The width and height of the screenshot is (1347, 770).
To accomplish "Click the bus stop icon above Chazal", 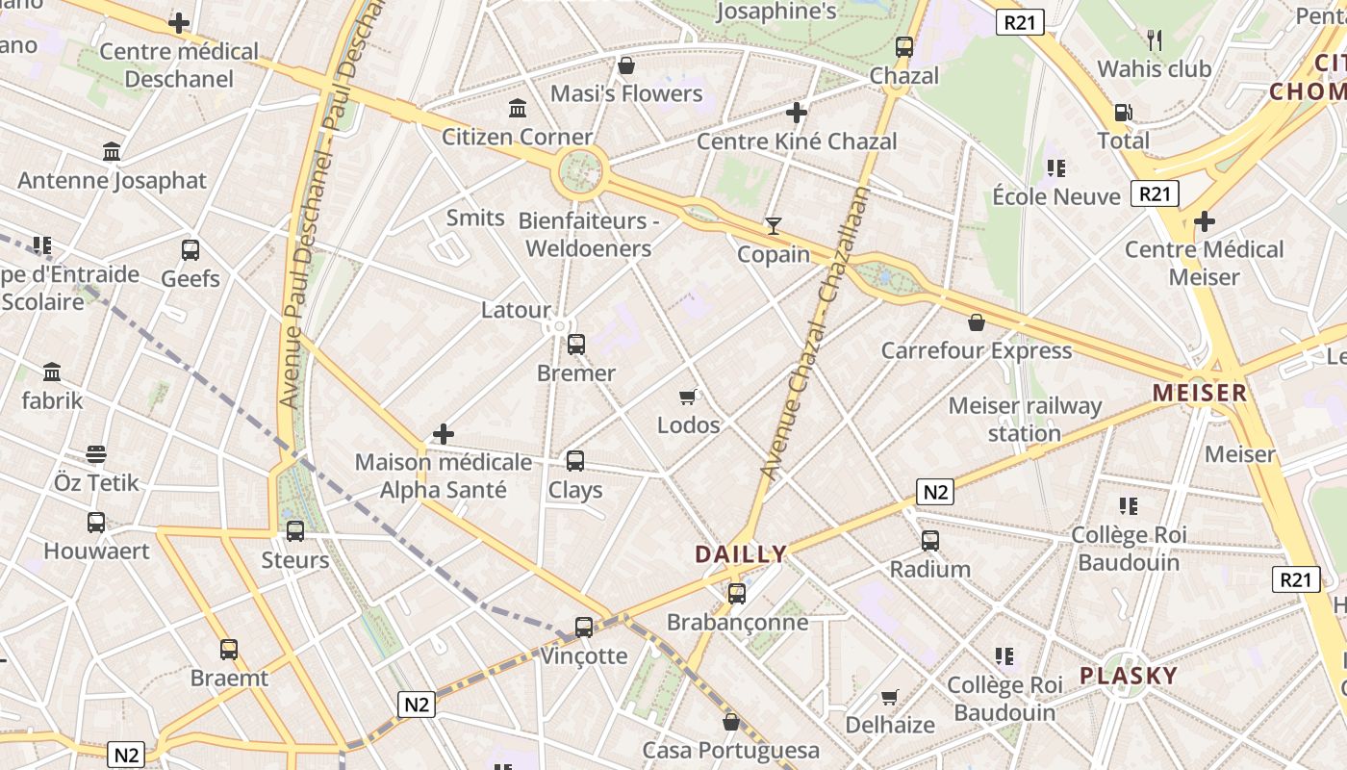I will pyautogui.click(x=903, y=46).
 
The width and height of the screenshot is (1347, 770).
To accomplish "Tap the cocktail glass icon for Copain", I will pyautogui.click(x=773, y=226).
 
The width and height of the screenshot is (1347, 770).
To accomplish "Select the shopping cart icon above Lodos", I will pyautogui.click(x=687, y=397).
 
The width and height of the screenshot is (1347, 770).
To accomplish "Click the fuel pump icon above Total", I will pyautogui.click(x=1123, y=113).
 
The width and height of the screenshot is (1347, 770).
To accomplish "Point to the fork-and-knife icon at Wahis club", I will pyautogui.click(x=1155, y=40).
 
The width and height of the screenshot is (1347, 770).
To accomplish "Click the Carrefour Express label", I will pyautogui.click(x=976, y=350).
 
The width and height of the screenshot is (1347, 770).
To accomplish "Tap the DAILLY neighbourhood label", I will pyautogui.click(x=741, y=554).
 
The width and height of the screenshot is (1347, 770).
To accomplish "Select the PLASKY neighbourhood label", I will pyautogui.click(x=1129, y=676).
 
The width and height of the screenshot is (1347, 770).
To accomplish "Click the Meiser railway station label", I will pyautogui.click(x=1025, y=420).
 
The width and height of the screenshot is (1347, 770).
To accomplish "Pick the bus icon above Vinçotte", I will pyautogui.click(x=583, y=628).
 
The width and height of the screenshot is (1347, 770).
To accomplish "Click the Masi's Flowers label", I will pyautogui.click(x=626, y=93).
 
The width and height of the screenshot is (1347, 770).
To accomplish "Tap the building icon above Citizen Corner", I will pyautogui.click(x=518, y=108).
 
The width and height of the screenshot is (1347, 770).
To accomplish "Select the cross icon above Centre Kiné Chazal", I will pyautogui.click(x=796, y=113).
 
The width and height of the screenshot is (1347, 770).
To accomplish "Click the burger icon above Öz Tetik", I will pyautogui.click(x=96, y=454).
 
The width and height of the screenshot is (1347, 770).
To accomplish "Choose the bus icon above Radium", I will pyautogui.click(x=929, y=541).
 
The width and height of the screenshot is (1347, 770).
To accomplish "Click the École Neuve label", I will pyautogui.click(x=1056, y=196).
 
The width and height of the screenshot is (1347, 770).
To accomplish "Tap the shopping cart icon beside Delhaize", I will pyautogui.click(x=890, y=696).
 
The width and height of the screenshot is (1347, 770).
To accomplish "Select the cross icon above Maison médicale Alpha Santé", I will pyautogui.click(x=443, y=434).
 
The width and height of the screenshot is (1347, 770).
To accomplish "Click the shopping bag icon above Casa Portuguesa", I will pyautogui.click(x=731, y=722).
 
